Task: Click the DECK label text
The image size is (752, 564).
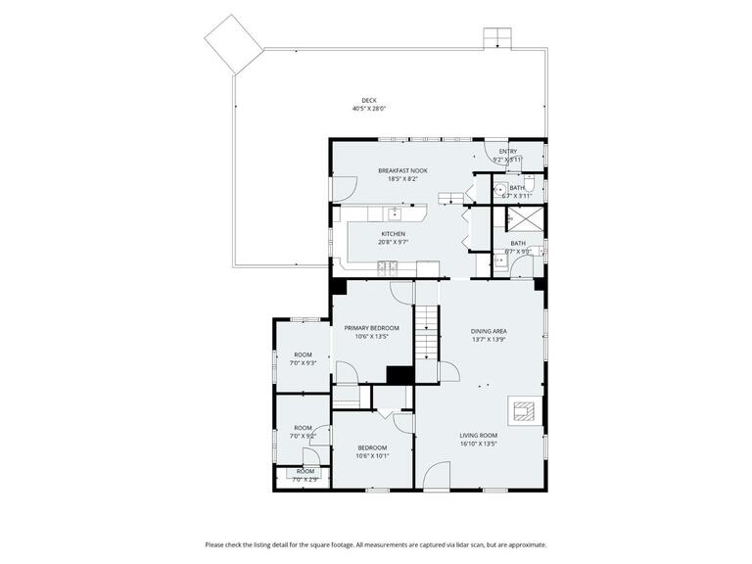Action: click(368, 100)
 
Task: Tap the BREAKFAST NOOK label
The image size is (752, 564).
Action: click(402, 170)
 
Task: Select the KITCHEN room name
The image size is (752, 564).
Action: click(393, 234)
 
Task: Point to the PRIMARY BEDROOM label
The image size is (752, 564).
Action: click(371, 327)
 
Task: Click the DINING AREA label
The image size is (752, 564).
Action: click(489, 331)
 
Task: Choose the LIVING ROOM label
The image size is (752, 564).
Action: click(479, 435)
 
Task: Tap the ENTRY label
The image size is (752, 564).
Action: click(507, 151)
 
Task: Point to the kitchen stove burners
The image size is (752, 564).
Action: click(428, 269)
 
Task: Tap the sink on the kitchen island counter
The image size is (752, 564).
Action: click(397, 212)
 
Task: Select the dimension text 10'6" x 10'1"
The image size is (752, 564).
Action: click(372, 455)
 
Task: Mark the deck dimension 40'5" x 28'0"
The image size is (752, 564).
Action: click(368, 109)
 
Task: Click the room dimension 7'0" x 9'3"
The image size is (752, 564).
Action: click(303, 362)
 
